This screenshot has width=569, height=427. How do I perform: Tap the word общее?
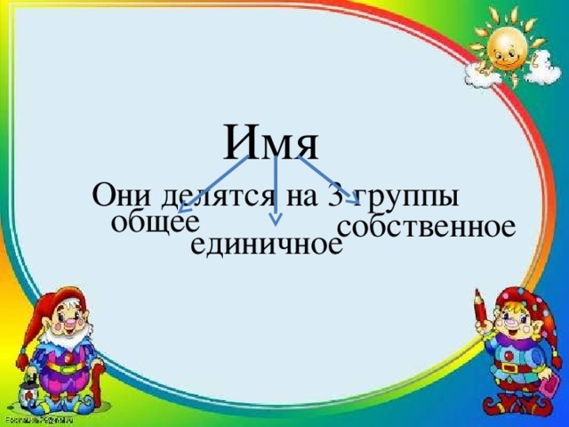[x=156, y=221]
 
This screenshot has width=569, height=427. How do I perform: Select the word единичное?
[x=267, y=244]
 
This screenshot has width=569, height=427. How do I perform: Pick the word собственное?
[x=426, y=226]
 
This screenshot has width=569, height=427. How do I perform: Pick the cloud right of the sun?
[x=540, y=68]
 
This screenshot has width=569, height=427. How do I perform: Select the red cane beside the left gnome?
[x=97, y=391]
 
